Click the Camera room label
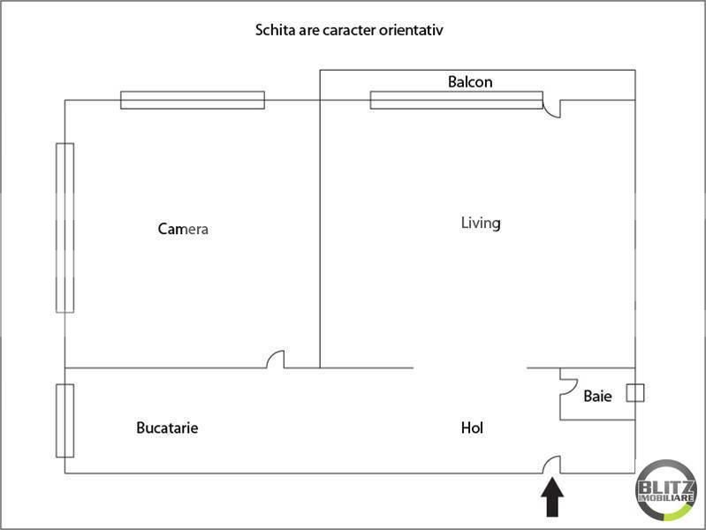183,229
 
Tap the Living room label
481,223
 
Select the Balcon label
470,82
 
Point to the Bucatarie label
167,428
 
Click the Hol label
472,428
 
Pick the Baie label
597,397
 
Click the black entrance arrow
552,497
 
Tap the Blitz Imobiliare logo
666,490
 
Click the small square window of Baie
635,393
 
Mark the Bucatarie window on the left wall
65,420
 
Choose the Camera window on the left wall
65,228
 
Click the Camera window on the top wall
193,100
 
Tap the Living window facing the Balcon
457,100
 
